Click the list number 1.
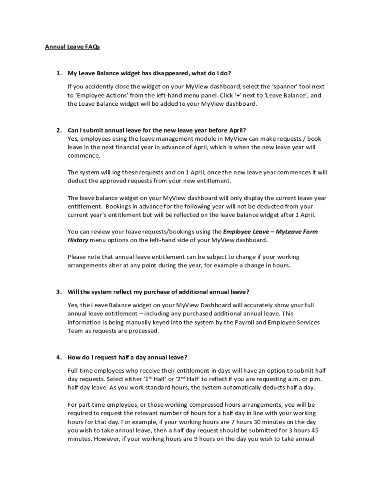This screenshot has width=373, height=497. pos(58,74)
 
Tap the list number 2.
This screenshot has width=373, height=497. pos(58,130)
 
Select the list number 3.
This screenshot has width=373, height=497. pos(58,292)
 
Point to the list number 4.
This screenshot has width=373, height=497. pos(58,358)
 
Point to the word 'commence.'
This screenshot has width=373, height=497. pos(84,156)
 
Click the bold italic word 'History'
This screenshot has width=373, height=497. pos(78,240)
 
